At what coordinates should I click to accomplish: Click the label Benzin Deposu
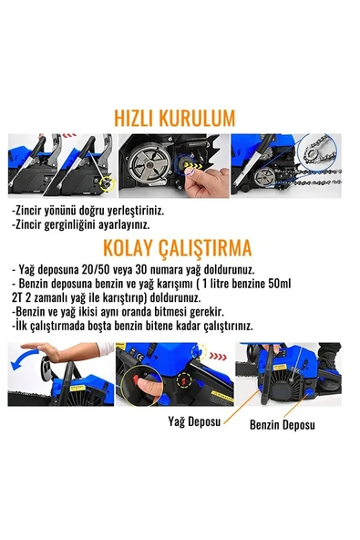point(283,425)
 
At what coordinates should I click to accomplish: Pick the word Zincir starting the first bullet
point(31,208)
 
